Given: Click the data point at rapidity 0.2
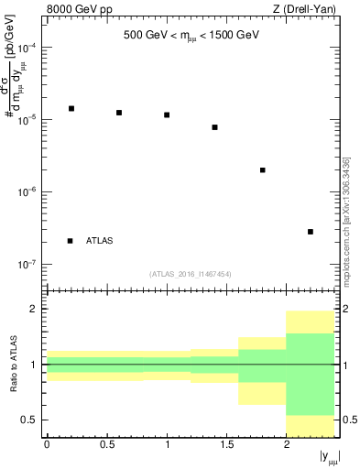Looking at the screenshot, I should [x=71, y=108].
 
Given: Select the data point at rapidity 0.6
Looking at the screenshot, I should [x=119, y=113].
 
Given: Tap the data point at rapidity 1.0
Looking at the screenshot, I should [x=167, y=115].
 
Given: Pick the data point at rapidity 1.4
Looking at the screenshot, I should [x=214, y=127].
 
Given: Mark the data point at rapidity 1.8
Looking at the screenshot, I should [x=263, y=170].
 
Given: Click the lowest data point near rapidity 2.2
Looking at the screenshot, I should [x=311, y=232].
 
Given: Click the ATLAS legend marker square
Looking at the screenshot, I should [x=71, y=241].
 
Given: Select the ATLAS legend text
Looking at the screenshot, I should [x=100, y=241].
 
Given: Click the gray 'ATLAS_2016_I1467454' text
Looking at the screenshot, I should [x=191, y=274].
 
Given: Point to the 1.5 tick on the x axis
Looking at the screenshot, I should [x=226, y=444].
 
